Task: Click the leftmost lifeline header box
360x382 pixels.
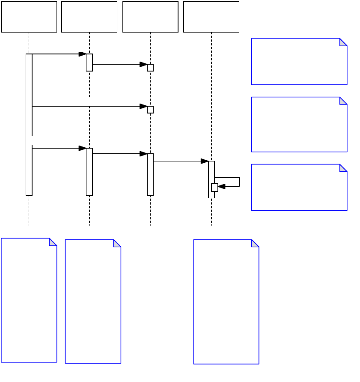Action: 29,17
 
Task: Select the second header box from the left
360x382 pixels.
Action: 89,17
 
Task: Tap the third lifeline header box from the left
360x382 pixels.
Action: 150,17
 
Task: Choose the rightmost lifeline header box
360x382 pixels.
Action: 211,17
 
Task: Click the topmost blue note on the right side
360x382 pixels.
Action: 299,61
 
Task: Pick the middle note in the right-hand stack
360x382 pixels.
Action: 299,124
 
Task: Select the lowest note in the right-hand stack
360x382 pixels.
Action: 299,187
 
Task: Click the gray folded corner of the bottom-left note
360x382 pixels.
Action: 53,242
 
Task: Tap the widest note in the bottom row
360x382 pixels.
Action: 226,301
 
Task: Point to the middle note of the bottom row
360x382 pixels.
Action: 93,301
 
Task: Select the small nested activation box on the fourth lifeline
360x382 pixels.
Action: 214,187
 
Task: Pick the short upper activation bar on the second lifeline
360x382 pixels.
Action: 89,63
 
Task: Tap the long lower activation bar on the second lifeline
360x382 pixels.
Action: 89,172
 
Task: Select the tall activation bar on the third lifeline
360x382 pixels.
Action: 150,174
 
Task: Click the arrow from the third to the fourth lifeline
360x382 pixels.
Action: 180,161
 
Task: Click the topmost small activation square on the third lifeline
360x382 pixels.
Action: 150,68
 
